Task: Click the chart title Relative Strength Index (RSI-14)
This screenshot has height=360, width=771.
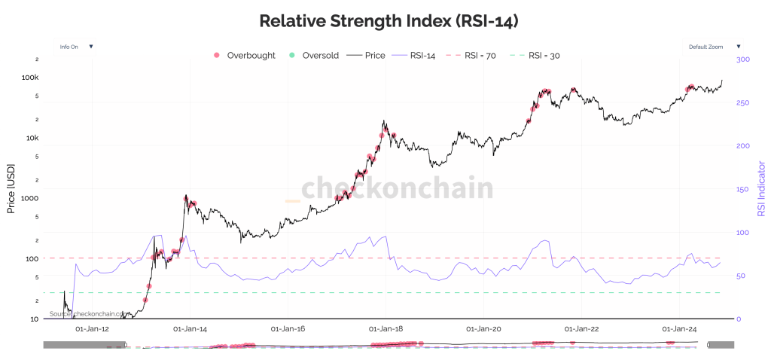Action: (x=389, y=20)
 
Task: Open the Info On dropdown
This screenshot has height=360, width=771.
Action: (x=75, y=47)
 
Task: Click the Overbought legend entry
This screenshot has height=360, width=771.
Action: (x=244, y=56)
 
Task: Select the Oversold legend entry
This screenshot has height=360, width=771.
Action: (x=313, y=56)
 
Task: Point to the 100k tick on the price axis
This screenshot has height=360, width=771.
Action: (x=29, y=78)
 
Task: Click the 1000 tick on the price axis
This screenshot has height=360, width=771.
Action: (x=28, y=198)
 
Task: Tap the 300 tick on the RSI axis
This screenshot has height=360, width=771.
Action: (x=743, y=59)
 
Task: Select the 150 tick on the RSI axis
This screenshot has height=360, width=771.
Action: (x=743, y=189)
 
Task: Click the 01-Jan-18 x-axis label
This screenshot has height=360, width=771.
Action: (x=385, y=329)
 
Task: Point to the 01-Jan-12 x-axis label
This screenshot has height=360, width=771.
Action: (x=93, y=329)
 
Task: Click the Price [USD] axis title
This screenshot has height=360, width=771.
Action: (x=11, y=188)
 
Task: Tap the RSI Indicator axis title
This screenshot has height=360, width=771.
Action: (x=761, y=188)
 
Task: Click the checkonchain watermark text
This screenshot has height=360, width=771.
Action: (x=398, y=188)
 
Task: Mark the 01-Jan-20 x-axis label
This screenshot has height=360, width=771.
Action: (x=483, y=329)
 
